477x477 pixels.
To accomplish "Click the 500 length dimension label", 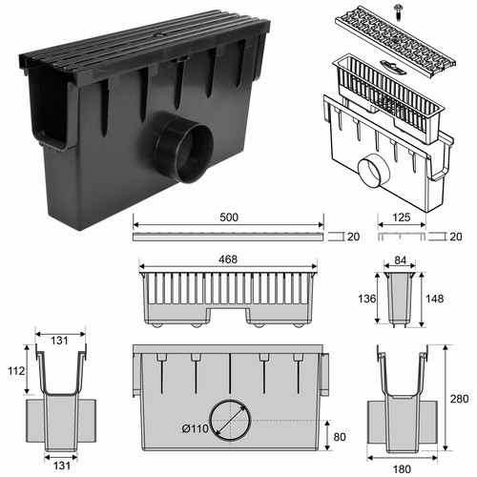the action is click(x=229, y=218).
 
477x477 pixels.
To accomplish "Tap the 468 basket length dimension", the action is click(x=228, y=259).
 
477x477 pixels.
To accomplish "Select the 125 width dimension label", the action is click(x=402, y=218).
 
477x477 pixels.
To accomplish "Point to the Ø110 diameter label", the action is click(x=196, y=428).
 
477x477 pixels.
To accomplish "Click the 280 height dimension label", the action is click(x=459, y=399).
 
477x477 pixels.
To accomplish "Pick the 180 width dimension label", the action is click(x=402, y=469).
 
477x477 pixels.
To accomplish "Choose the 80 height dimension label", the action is click(x=340, y=437).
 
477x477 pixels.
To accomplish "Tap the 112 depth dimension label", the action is click(x=16, y=371).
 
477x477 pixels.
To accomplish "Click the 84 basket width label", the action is click(x=400, y=260).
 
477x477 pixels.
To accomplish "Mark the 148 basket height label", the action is click(x=434, y=299).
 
